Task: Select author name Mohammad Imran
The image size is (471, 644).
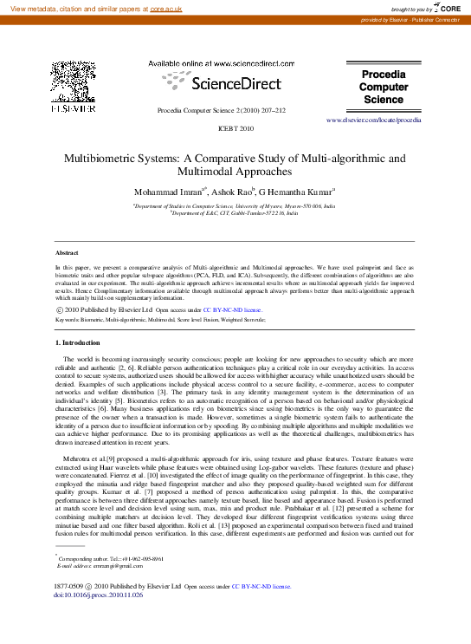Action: pyautogui.click(x=167, y=191)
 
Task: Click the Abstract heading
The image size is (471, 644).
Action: pyautogui.click(x=68, y=252)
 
